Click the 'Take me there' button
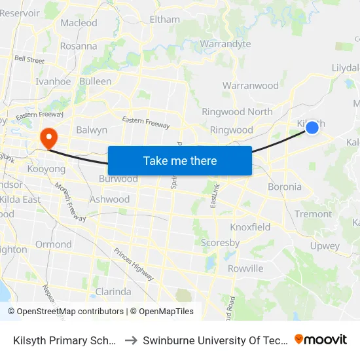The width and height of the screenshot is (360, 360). pos(180,160)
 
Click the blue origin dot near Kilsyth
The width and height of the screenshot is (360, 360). pos(313,128)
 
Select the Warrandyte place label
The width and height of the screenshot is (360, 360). pos(225,45)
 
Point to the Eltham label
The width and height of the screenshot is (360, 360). pos(165,20)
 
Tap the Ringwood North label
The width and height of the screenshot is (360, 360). pos(237,112)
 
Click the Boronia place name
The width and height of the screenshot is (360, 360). pos(285,187)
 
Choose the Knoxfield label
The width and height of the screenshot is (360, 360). pos(250,227)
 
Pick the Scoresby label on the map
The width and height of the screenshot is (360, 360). pos(220,243)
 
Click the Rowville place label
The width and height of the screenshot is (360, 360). pos(245,268)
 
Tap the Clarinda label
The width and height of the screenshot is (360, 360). pos(113,291)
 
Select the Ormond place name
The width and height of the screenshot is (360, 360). pos(54,244)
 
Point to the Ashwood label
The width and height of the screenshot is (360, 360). pos(110,200)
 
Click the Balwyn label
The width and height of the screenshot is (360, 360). pos(92,130)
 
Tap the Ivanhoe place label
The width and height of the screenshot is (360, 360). pos(54,82)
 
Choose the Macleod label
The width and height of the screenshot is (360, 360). pos(79,23)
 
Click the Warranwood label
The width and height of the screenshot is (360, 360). pos(250,86)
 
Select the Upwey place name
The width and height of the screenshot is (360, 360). pos(325,247)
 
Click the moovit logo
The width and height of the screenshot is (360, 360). pos(321,339)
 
